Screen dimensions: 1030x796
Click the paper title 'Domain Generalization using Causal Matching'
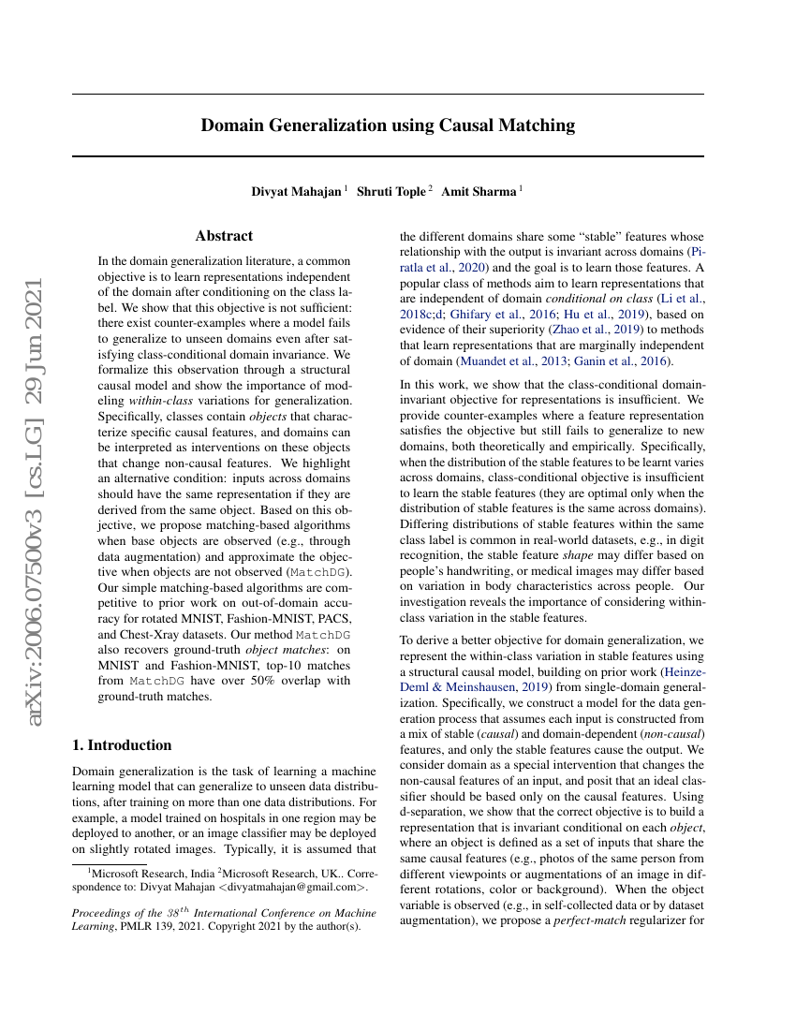(388, 125)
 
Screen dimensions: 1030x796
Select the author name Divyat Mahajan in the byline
(296, 192)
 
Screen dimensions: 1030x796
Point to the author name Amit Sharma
(479, 192)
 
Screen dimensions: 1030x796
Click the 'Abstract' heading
(224, 236)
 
